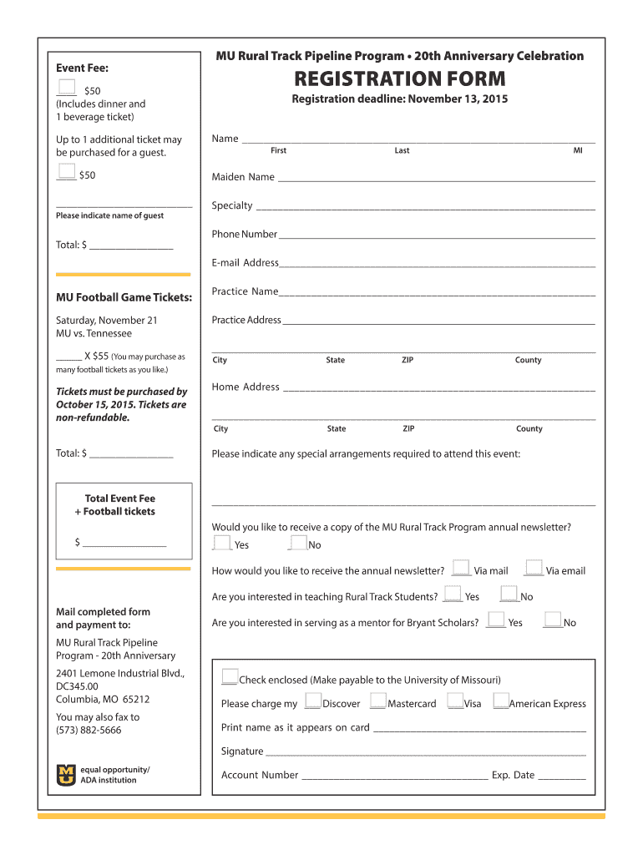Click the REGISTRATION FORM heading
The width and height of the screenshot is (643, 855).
point(399,79)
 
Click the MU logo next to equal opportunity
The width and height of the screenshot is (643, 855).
point(65,775)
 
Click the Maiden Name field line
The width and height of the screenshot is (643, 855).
point(436,179)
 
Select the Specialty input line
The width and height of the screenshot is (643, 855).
point(425,207)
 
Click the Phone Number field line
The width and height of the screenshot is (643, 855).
point(437,236)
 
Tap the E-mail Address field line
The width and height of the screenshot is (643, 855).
point(438,265)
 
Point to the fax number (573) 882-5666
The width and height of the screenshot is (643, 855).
point(89,730)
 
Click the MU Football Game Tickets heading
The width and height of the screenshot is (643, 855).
point(124,297)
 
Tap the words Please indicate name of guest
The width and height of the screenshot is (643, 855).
point(109,215)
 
